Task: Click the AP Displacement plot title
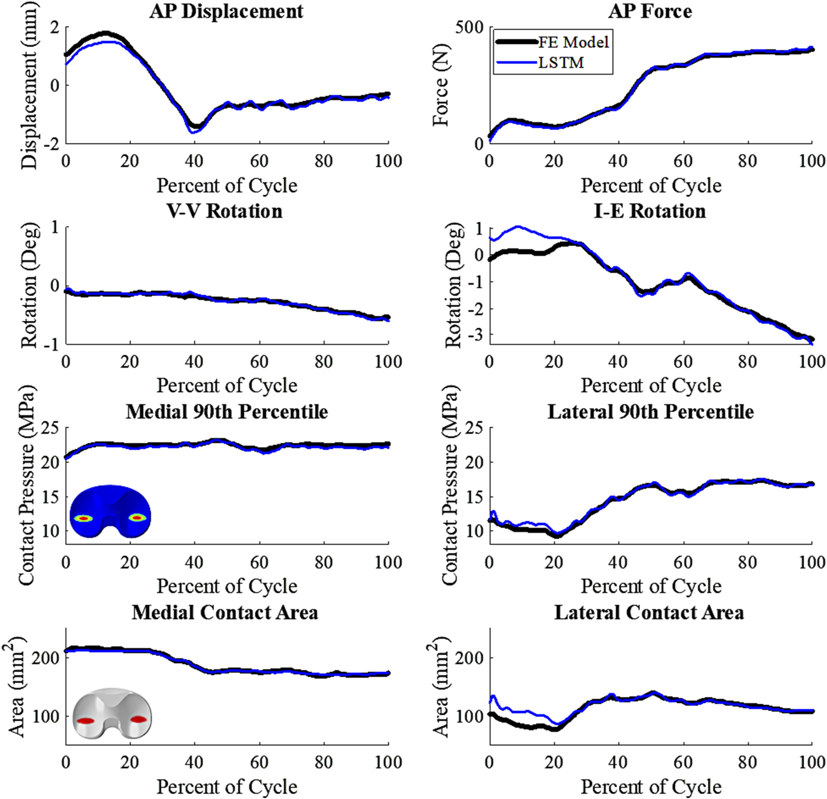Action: point(226,12)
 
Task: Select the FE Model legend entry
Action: point(573,42)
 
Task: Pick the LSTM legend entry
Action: point(561,63)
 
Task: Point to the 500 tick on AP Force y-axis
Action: point(470,28)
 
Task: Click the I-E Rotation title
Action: point(650,211)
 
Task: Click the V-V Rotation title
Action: point(224,211)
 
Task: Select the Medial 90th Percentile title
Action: point(227,412)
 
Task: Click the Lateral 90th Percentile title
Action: point(650,412)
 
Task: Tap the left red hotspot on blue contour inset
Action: point(84,518)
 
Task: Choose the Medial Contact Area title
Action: point(225,612)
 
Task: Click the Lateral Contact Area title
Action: point(649,612)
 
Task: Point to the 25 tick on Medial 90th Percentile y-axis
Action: point(51,428)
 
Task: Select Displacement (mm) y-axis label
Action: point(29,85)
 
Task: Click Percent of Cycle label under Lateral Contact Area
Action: point(651,787)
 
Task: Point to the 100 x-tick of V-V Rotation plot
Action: point(388,362)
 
